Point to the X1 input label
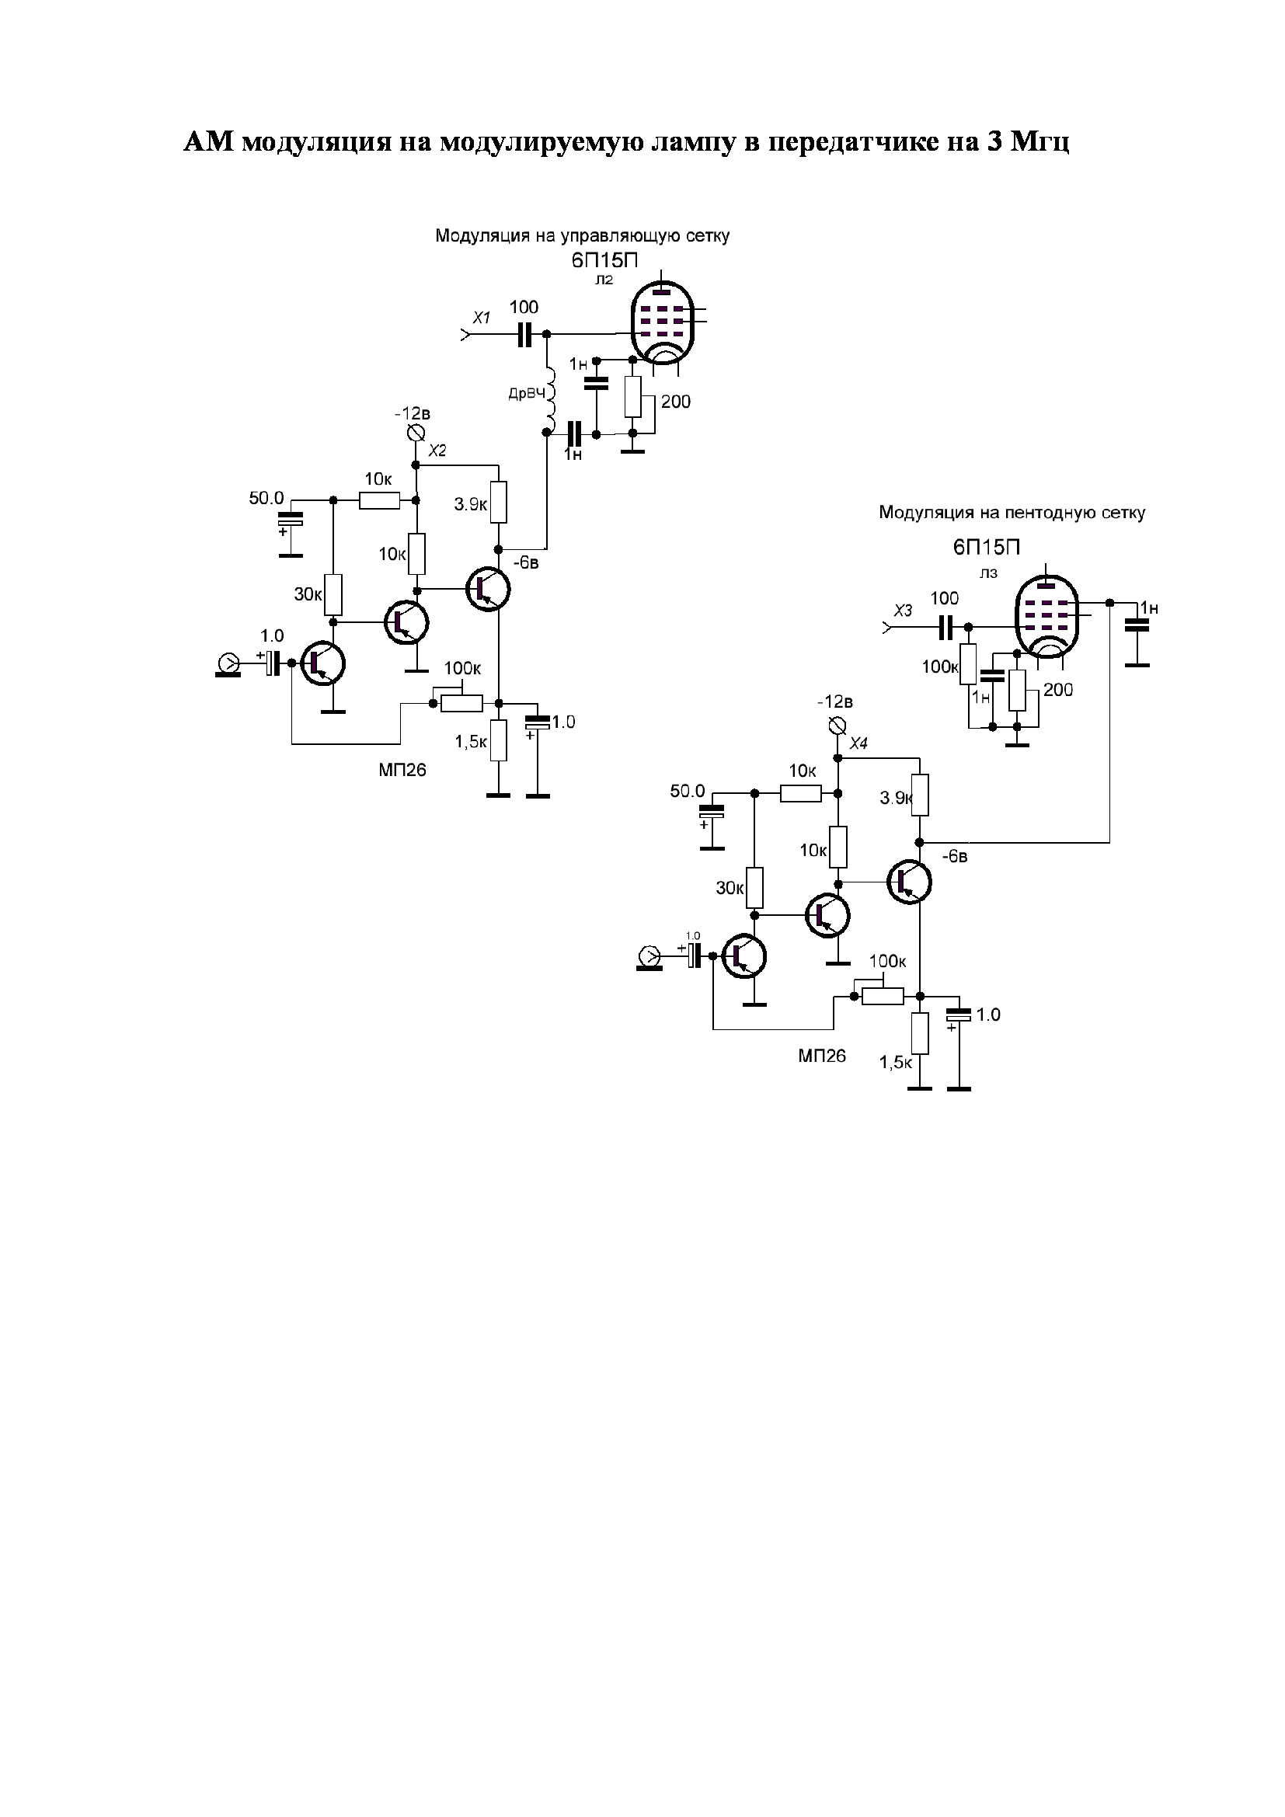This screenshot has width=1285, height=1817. (481, 318)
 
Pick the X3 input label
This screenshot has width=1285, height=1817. (902, 610)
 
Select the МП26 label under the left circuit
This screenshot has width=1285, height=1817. (402, 770)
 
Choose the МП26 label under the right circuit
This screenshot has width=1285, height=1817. (822, 1056)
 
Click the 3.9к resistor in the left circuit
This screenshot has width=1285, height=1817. (498, 502)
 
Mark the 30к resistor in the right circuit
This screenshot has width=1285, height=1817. (755, 888)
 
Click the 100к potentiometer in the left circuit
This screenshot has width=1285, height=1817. (461, 703)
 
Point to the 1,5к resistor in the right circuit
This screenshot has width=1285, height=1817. (919, 1033)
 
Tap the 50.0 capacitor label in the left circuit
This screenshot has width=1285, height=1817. (266, 499)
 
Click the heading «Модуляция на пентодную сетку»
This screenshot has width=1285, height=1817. (1012, 513)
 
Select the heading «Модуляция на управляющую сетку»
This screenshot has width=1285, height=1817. (582, 236)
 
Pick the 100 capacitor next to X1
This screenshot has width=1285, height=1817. (524, 335)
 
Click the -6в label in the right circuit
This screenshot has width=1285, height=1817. (954, 856)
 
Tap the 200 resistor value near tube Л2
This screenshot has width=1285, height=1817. (676, 402)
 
